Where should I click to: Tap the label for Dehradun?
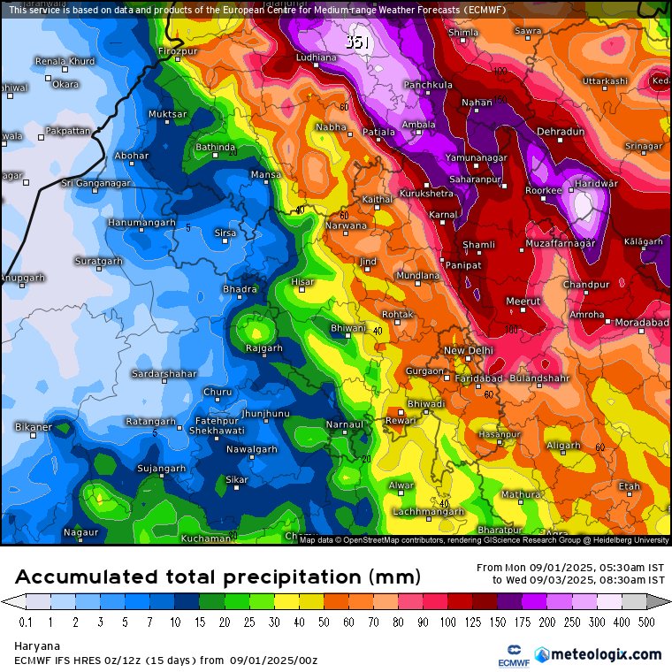(561, 132)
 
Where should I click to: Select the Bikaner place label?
(34, 427)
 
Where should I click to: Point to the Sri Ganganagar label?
(95, 183)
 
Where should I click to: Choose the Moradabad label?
(641, 323)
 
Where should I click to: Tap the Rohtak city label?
(397, 314)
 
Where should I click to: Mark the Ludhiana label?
(316, 57)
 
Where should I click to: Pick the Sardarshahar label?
(164, 374)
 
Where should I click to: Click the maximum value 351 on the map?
(358, 42)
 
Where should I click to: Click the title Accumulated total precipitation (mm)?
(217, 577)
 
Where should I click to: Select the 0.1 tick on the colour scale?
(27, 622)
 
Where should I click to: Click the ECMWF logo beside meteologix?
(508, 655)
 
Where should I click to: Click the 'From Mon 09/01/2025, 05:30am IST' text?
(570, 568)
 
